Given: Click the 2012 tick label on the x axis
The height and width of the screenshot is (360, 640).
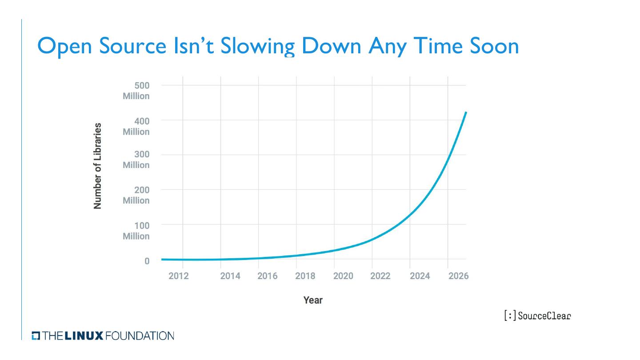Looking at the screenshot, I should [x=179, y=276].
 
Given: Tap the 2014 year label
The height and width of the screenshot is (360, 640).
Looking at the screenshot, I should [x=230, y=276].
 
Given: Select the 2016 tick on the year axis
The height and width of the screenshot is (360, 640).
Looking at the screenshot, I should [x=267, y=276].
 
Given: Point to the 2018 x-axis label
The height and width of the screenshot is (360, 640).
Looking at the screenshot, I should [x=305, y=276].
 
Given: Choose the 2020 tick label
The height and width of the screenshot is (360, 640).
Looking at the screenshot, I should [x=343, y=276].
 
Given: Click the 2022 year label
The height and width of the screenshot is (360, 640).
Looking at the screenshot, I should [x=380, y=276].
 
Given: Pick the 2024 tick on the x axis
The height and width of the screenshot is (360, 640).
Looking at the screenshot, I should [x=420, y=276].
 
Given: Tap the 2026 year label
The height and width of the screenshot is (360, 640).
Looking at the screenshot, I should [x=458, y=276].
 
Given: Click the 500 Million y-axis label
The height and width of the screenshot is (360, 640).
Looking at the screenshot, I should [x=136, y=91].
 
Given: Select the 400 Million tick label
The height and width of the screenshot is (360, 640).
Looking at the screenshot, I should [x=136, y=126].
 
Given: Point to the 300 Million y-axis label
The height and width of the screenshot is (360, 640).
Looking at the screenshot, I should [x=136, y=160].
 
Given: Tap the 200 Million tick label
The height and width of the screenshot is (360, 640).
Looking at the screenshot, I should [x=136, y=195].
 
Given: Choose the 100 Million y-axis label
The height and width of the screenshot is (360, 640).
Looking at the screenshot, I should [x=136, y=231].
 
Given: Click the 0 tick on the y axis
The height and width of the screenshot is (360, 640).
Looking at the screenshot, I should [x=147, y=261].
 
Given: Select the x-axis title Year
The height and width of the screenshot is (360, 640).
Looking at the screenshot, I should [x=313, y=300].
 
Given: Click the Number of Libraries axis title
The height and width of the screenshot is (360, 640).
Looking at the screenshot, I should [x=98, y=166].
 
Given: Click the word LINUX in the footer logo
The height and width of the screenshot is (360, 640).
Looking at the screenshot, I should [x=84, y=336].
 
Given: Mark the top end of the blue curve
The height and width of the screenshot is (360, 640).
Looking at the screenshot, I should [x=465, y=112].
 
